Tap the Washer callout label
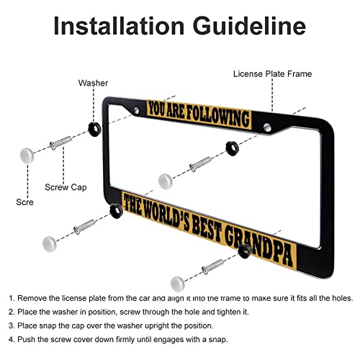click(93, 83)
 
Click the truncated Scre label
click(24, 202)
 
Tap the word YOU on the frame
click(158, 109)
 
